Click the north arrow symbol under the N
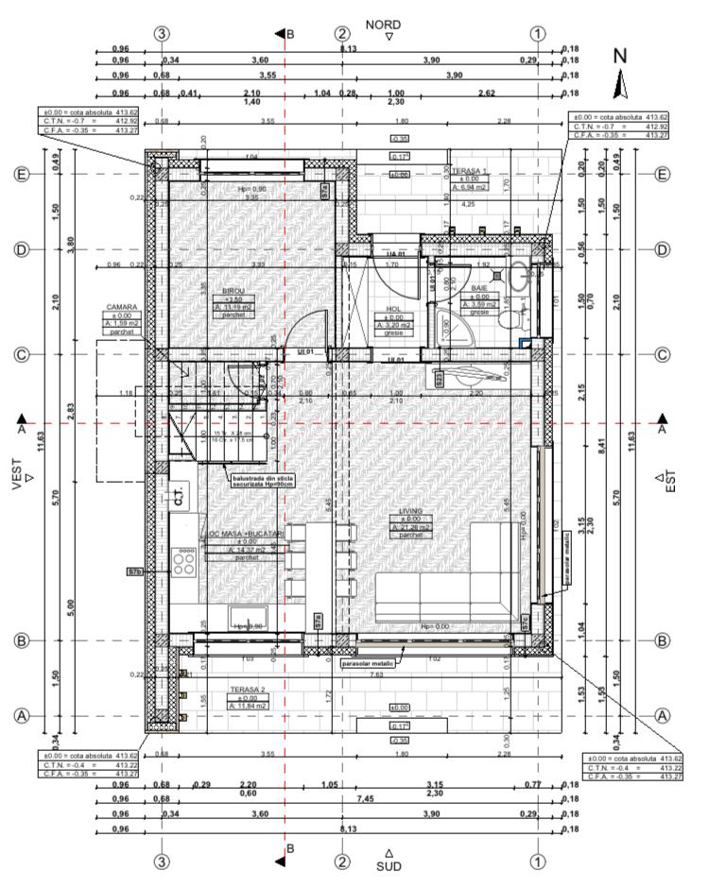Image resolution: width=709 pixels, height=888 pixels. click(x=620, y=84)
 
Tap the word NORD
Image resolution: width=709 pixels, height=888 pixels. click(x=382, y=25)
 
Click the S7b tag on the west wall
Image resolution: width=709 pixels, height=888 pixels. click(x=135, y=572)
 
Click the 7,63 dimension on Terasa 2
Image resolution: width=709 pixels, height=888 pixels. click(x=376, y=675)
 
